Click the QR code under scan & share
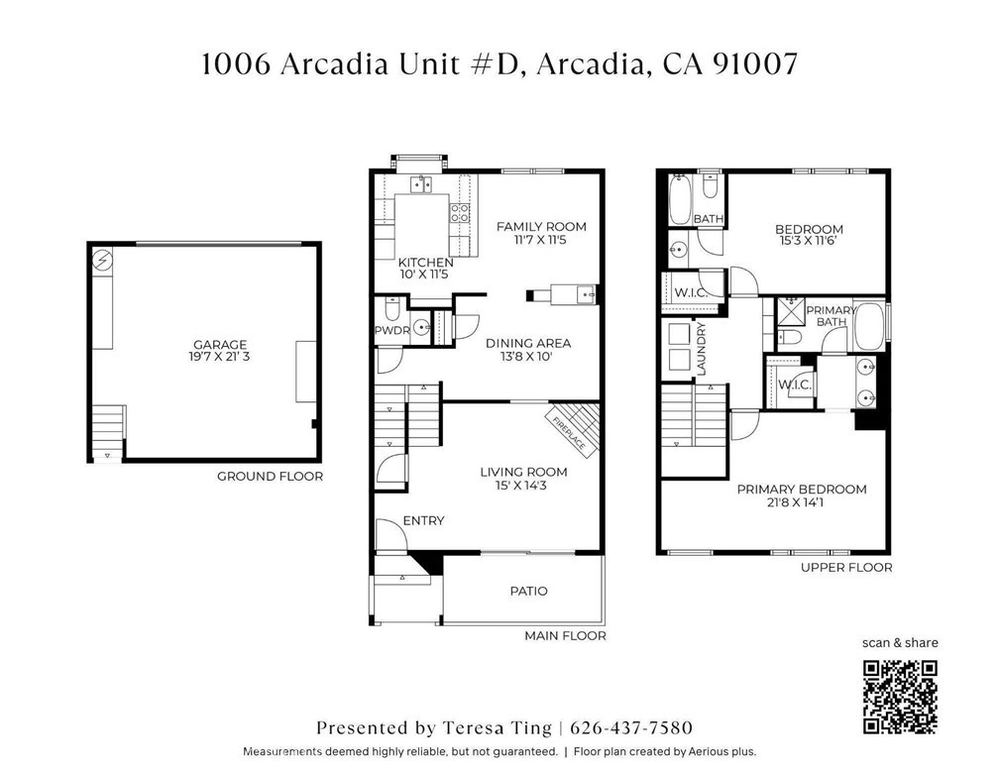click(900, 697)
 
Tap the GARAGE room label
click(220, 345)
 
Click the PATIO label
click(529, 592)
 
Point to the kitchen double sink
click(420, 184)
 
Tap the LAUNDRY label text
click(702, 349)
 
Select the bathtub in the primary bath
click(869, 326)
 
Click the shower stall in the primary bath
click(791, 312)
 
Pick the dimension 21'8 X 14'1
click(802, 502)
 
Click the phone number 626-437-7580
click(630, 727)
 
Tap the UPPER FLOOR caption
click(846, 567)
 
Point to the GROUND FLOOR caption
click(271, 476)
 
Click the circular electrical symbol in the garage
click(103, 260)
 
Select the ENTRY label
click(424, 520)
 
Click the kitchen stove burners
click(460, 213)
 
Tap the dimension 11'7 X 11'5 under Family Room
click(540, 240)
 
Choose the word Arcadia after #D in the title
click(590, 63)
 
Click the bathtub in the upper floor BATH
click(681, 199)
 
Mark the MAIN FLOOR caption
click(565, 635)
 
